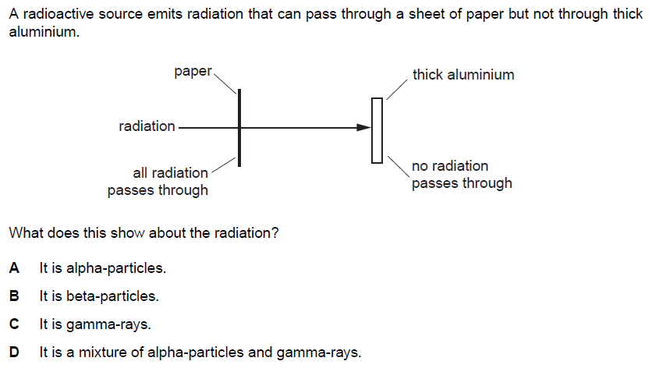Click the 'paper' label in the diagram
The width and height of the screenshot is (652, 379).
pyautogui.click(x=193, y=72)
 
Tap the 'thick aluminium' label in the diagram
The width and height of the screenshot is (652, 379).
pyautogui.click(x=463, y=75)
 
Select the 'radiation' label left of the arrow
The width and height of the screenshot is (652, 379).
pyautogui.click(x=147, y=126)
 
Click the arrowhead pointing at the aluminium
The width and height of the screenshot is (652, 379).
pyautogui.click(x=363, y=127)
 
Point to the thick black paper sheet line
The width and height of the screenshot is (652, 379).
pyautogui.click(x=239, y=144)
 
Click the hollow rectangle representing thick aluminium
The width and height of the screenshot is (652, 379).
pyautogui.click(x=377, y=130)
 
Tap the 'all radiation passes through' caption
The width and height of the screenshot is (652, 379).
pyautogui.click(x=158, y=181)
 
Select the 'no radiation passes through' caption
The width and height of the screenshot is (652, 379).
pyautogui.click(x=462, y=175)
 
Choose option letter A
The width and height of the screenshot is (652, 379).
pyautogui.click(x=14, y=268)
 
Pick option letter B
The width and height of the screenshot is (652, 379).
pyautogui.click(x=14, y=296)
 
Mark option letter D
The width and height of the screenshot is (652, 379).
pyautogui.click(x=14, y=352)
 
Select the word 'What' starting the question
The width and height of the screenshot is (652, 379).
pyautogui.click(x=25, y=233)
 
